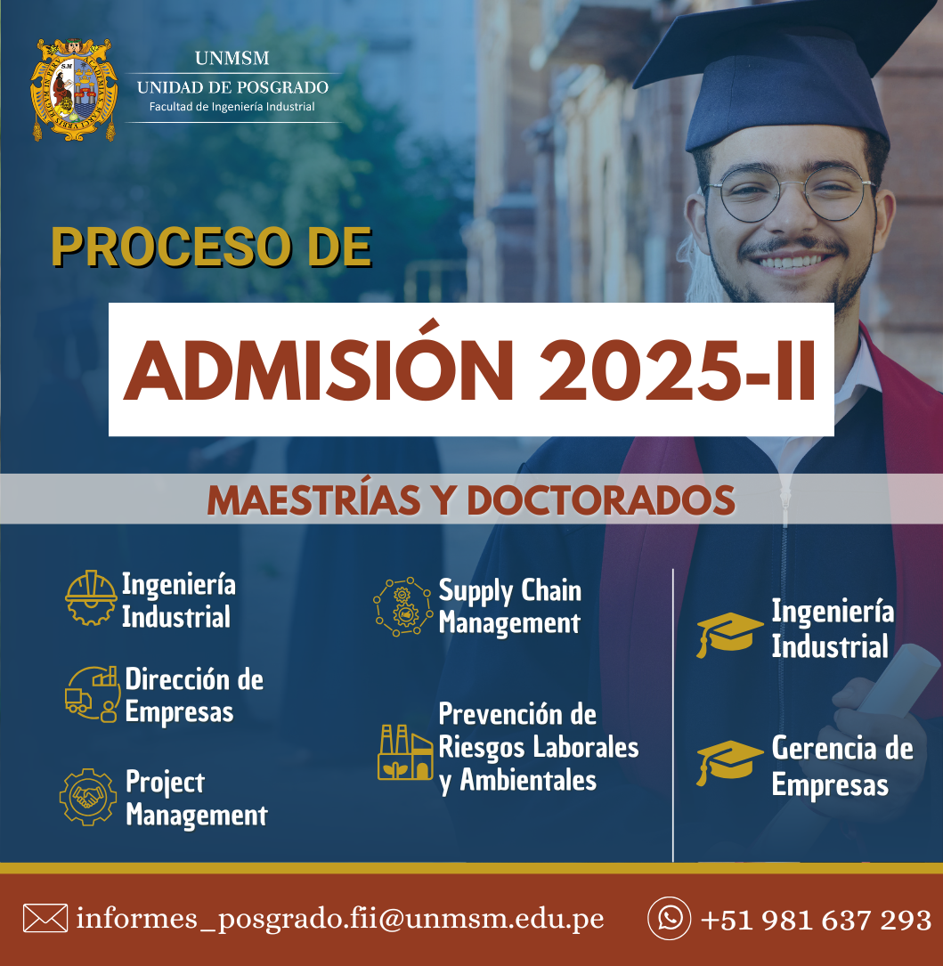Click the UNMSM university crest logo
75,89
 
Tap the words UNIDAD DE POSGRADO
233,87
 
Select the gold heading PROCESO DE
211,247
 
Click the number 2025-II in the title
678,370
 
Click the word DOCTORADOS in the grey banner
601,499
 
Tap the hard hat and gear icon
91,597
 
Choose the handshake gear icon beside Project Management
88,797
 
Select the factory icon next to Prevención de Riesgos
405,752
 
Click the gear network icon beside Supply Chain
403,606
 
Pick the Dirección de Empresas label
194,695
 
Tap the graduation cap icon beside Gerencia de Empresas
729,763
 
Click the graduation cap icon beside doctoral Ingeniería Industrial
729,635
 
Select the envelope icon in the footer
45,919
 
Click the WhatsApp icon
670,919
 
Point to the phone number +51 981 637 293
816,920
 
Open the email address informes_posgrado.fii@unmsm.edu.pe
339,919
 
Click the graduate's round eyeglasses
792,191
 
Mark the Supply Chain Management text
509,607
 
